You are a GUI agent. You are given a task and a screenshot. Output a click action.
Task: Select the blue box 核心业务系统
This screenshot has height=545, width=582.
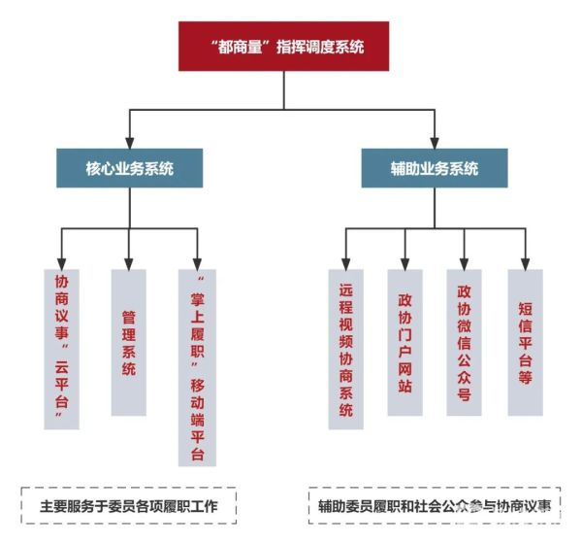[129, 168]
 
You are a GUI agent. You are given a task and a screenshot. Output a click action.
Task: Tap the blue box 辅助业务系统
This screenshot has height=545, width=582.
[434, 168]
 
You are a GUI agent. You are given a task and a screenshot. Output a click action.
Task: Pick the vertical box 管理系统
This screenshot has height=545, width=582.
[129, 340]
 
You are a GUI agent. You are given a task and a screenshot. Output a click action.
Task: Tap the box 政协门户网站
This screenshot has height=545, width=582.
[404, 340]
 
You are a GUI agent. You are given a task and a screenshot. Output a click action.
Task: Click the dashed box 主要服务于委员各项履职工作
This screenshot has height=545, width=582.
[129, 506]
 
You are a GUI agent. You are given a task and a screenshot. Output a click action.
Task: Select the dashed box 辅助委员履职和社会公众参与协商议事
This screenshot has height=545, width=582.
[435, 506]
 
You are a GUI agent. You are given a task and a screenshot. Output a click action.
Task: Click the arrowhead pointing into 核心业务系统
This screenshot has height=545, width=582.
[129, 142]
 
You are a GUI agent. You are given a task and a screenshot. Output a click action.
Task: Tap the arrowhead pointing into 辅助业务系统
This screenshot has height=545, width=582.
[434, 142]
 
